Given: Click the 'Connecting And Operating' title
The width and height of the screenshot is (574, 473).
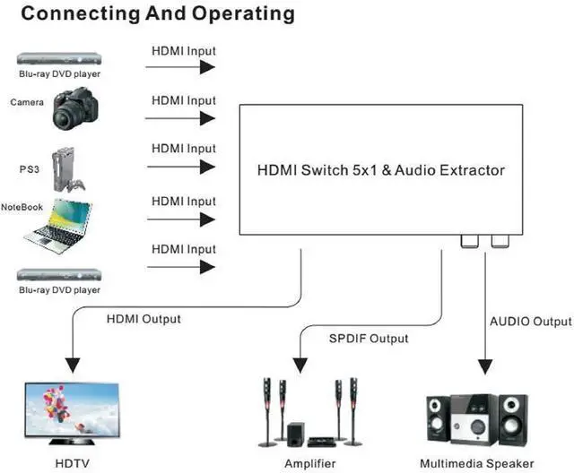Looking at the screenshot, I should (148, 13).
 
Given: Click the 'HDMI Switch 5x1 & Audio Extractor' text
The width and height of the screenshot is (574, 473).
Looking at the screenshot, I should (381, 169).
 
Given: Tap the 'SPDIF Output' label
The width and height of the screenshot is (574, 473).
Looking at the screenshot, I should (369, 339).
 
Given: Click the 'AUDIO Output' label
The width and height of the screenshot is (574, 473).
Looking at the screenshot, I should (530, 322).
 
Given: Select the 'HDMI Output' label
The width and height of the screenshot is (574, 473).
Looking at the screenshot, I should (143, 319).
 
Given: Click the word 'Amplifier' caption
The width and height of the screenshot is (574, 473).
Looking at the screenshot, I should (309, 463).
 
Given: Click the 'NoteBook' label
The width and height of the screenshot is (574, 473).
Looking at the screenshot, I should (22, 207).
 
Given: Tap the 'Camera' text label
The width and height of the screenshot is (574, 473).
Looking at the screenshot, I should (27, 102).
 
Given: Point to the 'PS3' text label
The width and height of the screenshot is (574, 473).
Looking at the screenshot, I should (29, 168).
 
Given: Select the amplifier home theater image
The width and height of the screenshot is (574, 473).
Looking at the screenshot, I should (310, 414).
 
